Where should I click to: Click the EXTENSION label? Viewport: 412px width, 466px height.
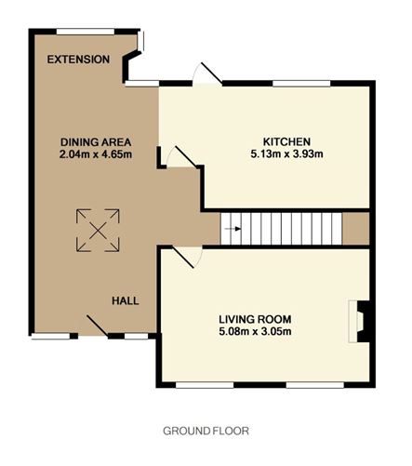[x=78, y=60]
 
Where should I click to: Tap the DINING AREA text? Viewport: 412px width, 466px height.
[x=96, y=142]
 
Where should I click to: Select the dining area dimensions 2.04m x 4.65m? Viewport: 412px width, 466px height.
[x=96, y=154]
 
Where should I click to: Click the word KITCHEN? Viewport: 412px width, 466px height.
[x=286, y=141]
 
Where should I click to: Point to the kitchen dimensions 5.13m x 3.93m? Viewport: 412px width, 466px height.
[x=286, y=153]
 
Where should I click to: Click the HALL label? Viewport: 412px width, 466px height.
[x=126, y=300]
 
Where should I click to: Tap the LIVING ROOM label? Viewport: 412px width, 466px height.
[x=255, y=319]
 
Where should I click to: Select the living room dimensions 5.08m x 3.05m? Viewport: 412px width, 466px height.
[x=255, y=331]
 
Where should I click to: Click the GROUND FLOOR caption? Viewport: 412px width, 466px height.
[x=206, y=431]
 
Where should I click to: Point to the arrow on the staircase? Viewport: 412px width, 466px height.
[x=233, y=229]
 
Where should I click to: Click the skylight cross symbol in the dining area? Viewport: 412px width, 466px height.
[x=98, y=231]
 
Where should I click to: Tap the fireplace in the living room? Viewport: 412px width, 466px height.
[x=359, y=321]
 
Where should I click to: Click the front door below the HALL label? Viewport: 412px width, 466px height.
[x=98, y=326]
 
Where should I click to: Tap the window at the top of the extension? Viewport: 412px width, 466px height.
[x=86, y=32]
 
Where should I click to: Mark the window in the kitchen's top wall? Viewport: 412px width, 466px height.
[x=301, y=84]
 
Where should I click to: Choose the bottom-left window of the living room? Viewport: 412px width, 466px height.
[x=205, y=385]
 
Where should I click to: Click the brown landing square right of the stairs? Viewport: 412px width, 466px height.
[x=356, y=229]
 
